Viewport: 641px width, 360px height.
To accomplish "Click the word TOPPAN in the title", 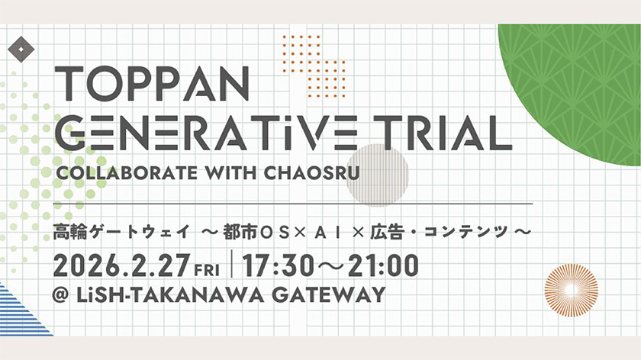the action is [x=152, y=84].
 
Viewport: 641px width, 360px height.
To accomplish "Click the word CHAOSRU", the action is [x=311, y=172].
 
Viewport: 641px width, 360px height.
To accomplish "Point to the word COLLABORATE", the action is [x=127, y=172].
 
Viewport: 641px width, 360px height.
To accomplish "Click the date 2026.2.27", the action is [x=122, y=266].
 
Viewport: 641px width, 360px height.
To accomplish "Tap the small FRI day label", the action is [x=207, y=270].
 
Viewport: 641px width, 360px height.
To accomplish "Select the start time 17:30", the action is [x=279, y=266].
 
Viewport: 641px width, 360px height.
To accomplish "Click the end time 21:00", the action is [x=383, y=266].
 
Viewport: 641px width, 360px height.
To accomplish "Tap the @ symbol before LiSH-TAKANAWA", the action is [x=60, y=295].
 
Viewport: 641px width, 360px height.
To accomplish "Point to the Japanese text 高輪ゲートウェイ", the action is [x=121, y=232].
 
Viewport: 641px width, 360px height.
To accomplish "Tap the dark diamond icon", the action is [x=21, y=50].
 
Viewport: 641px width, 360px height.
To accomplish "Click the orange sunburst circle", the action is [x=572, y=290].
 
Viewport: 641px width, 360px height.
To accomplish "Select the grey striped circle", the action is [x=377, y=175].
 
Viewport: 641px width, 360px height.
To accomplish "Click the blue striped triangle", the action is [x=18, y=313].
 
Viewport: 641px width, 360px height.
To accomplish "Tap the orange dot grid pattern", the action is [x=314, y=66].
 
